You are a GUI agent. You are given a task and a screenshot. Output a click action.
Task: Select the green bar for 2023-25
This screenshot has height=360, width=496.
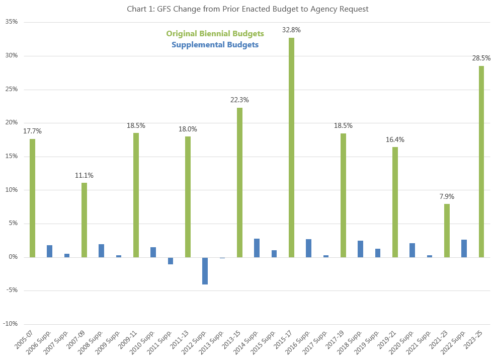481,162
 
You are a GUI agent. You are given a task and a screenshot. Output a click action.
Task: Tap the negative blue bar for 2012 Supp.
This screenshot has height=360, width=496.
205,271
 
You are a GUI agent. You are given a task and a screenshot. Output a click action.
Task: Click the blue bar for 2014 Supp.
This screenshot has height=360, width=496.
257,248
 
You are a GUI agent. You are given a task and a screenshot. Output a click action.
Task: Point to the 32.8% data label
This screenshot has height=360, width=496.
291,30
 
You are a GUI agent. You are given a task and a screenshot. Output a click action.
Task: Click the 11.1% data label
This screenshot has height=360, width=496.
84,175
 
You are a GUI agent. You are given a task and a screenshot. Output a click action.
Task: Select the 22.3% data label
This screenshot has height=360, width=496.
239,100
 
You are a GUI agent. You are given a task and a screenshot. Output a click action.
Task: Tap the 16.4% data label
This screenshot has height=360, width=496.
395,139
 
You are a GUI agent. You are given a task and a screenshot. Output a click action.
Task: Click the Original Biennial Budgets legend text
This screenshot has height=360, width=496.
215,34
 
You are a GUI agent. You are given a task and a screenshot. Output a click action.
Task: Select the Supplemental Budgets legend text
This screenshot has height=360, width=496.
215,45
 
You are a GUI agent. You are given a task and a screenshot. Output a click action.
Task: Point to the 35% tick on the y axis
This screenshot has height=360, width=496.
12,22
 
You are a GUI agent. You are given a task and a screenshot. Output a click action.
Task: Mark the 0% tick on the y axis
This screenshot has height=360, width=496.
14,257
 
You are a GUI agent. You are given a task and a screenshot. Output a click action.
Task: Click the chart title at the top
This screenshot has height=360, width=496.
248,9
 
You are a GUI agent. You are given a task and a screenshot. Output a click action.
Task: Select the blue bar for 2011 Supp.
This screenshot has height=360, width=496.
170,261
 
